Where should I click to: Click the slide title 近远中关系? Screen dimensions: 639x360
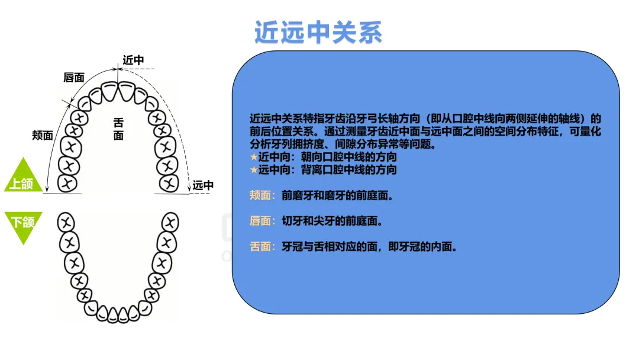coord(318,33)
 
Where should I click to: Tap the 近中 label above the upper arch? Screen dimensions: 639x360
coord(133,60)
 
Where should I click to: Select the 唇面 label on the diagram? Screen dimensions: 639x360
coord(74,78)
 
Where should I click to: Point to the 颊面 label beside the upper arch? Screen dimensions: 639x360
coord(43,135)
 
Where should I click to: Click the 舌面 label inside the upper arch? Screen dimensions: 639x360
coord(119,129)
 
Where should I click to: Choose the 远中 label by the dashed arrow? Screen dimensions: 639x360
coord(203,185)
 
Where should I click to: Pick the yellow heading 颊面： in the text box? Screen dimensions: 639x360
coord(263,195)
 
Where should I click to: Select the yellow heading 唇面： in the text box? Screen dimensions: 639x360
coord(263,221)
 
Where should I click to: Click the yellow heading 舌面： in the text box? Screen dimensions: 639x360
coord(263,247)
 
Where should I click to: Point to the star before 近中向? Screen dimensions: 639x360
coord(254,158)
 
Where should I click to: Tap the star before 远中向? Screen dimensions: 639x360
coord(254,170)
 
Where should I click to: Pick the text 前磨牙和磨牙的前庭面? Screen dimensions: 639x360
coord(337,195)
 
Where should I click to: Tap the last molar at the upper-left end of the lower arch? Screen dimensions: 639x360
coord(66,223)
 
